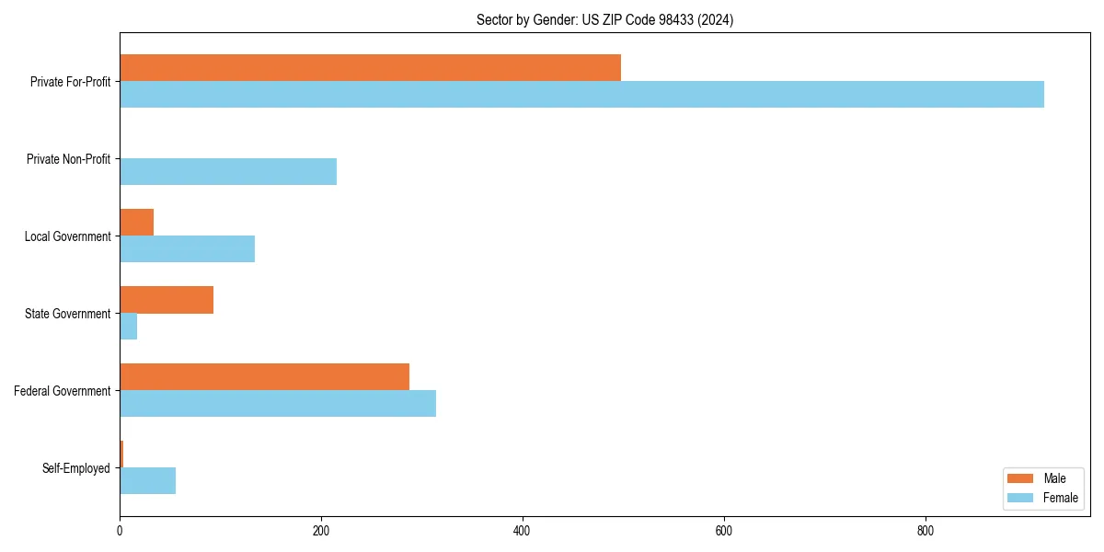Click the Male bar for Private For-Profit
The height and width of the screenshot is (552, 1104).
coord(370,68)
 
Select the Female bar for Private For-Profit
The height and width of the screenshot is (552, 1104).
coord(581,95)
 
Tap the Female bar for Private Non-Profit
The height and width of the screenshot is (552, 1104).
coord(228,172)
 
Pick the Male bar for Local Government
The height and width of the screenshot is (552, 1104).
coord(136,223)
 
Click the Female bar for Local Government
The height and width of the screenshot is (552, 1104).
coord(187,249)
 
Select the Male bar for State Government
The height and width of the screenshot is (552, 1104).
coord(167,300)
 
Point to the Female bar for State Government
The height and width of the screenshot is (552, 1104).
coord(128,327)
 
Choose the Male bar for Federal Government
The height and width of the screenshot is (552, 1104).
coord(264,377)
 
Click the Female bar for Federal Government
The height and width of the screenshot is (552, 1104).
coord(278,404)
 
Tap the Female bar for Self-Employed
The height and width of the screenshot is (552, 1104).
coord(147,481)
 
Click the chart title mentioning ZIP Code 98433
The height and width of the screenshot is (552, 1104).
coord(604,19)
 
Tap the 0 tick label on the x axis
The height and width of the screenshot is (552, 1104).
coord(120,531)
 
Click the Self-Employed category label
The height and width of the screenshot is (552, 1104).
coord(75,468)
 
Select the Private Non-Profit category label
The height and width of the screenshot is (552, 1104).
coord(68,159)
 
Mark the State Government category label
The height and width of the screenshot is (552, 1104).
coord(67,314)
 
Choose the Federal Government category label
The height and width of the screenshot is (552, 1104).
coord(62,391)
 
